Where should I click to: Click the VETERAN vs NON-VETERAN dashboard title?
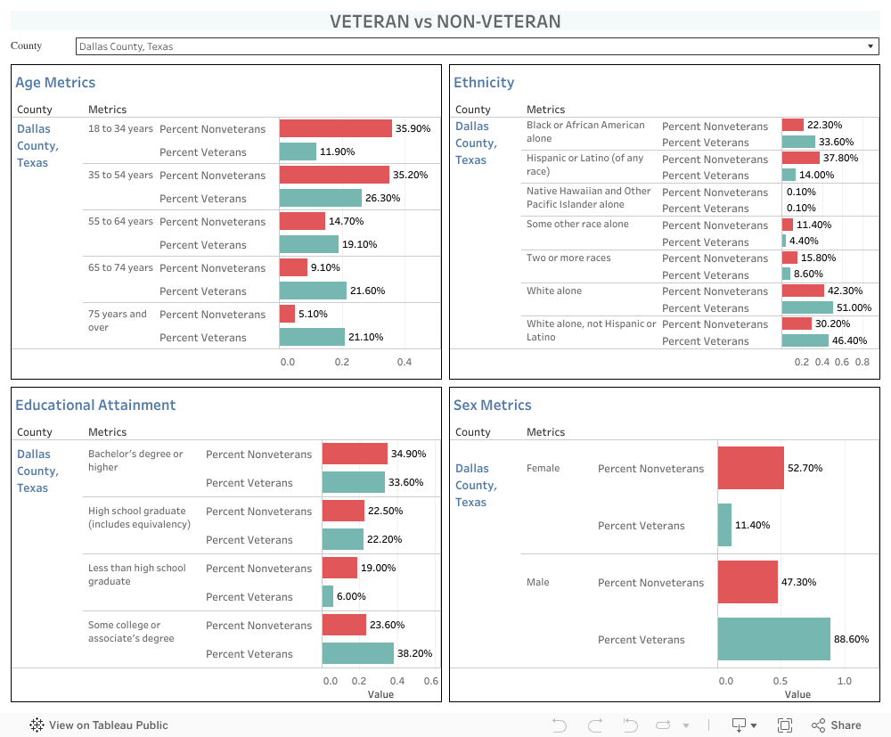[445, 21]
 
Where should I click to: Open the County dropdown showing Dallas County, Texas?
[477, 46]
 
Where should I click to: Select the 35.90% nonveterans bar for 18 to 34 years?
[335, 128]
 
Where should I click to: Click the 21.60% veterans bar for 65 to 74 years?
[313, 291]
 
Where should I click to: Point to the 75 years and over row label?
[118, 321]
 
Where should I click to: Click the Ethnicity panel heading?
[484, 82]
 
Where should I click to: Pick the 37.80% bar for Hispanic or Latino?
[800, 158]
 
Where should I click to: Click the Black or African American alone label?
[585, 132]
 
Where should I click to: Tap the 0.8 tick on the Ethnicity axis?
[862, 362]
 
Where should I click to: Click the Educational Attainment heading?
[95, 405]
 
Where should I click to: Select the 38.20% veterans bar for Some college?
[357, 653]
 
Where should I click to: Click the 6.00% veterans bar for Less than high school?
[328, 596]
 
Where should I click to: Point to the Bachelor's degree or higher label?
[135, 460]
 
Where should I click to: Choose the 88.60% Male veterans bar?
[773, 639]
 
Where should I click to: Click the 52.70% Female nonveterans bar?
[750, 468]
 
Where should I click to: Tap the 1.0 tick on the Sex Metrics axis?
[844, 681]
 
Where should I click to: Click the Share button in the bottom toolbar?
[837, 725]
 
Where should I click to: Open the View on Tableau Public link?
[99, 725]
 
